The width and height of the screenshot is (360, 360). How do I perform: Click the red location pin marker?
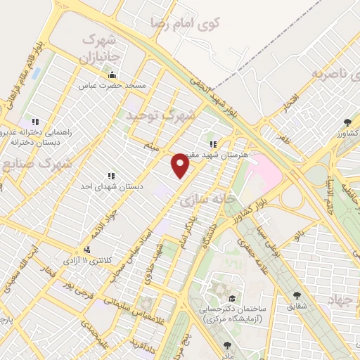click(x=181, y=166)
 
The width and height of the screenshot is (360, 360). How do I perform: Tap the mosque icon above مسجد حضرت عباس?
click(x=112, y=75)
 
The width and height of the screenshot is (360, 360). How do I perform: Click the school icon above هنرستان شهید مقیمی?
click(x=212, y=144)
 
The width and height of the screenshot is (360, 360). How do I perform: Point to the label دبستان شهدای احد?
click(x=110, y=186)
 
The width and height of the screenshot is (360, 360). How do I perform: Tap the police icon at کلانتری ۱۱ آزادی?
click(x=86, y=250)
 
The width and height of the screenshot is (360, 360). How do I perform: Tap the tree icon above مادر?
click(x=226, y=345)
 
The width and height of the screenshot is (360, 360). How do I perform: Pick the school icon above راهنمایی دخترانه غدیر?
click(x=28, y=122)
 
